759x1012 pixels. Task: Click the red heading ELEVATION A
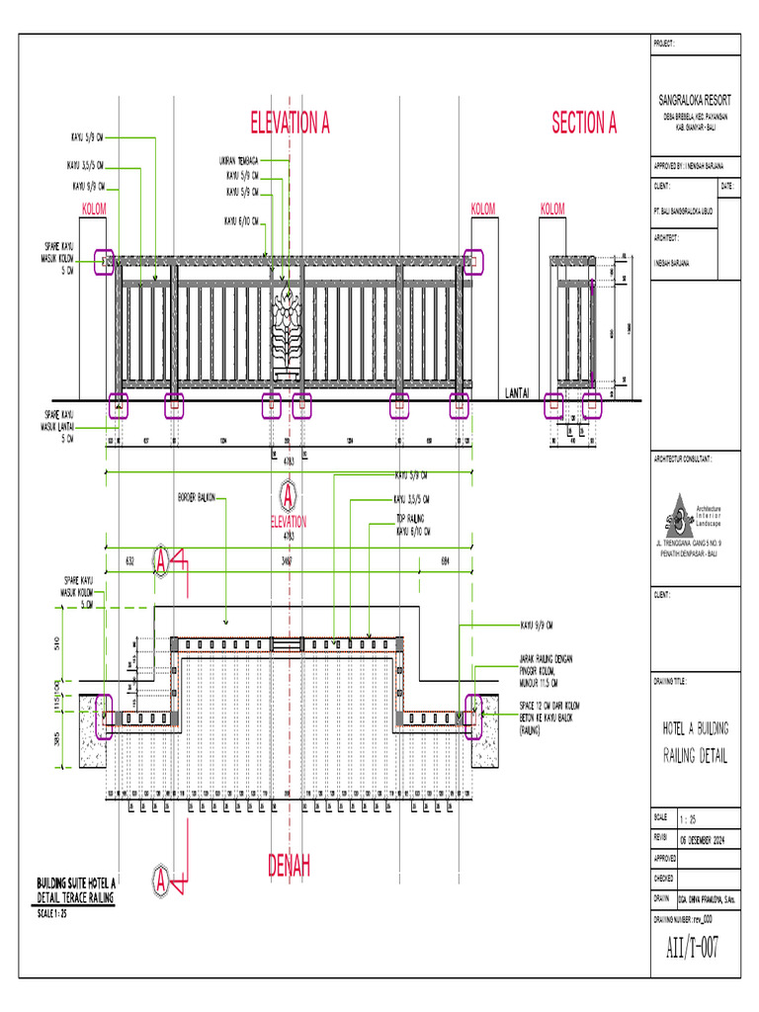pyautogui.click(x=290, y=124)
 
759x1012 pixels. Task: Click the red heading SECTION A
pyautogui.click(x=583, y=124)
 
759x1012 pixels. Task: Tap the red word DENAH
pyautogui.click(x=289, y=867)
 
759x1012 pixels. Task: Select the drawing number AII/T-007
pyautogui.click(x=692, y=947)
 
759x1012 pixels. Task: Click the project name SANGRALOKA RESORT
pyautogui.click(x=694, y=101)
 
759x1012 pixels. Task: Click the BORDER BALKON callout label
pyautogui.click(x=197, y=496)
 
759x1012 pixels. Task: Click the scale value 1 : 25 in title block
pyautogui.click(x=689, y=819)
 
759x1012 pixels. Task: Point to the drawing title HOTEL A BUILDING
pyautogui.click(x=695, y=728)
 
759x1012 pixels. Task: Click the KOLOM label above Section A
pyautogui.click(x=552, y=209)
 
